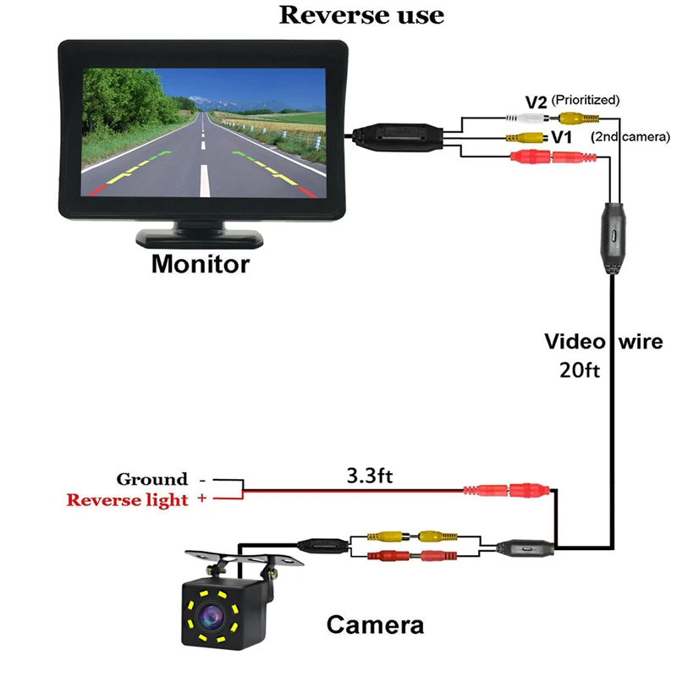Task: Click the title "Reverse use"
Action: pos(361,14)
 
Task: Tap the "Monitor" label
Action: pos(201,264)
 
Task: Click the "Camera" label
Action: pos(375,625)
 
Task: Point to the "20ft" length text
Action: pos(579,369)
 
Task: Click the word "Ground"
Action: pos(152,479)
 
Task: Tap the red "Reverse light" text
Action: pos(128,499)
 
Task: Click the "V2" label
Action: pos(537,102)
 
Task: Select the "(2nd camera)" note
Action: pos(630,136)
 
